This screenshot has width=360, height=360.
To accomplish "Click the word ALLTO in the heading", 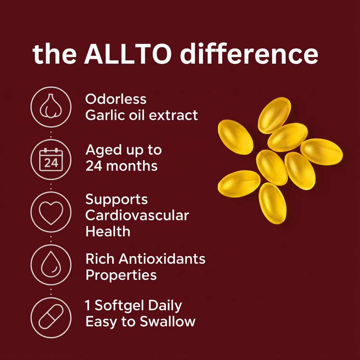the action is point(128,54).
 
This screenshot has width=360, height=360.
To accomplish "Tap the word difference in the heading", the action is point(249,53).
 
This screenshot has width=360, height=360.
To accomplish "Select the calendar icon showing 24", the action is point(51,159).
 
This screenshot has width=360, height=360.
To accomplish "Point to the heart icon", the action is point(51,213).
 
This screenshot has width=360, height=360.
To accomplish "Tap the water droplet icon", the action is point(51,264).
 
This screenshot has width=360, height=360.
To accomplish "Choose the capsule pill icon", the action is point(51,317).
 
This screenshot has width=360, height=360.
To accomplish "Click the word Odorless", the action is point(116,99).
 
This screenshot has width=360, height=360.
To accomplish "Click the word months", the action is point(132,166).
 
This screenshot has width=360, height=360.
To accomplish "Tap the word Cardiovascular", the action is point(137,216).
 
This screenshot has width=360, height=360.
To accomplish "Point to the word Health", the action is point(108,231).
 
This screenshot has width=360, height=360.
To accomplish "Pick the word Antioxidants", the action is point(162,259).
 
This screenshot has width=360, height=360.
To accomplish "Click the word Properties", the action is point(121,275).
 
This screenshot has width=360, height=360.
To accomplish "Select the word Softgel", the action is point(120,306).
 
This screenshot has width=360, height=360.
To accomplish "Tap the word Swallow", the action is point(168,321).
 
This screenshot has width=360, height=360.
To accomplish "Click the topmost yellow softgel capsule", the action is point(274,115).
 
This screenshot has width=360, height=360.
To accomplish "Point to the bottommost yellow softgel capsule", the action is point(272,203).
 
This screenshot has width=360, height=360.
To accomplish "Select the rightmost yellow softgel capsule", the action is point(321,152).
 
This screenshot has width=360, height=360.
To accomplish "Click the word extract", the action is point(173,115).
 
